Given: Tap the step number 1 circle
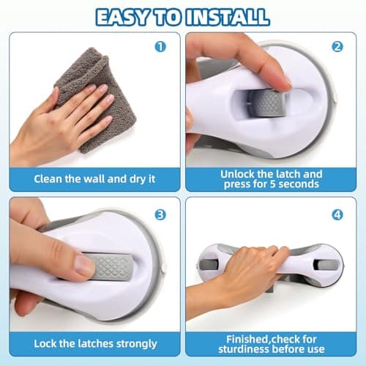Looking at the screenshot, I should click(x=161, y=47).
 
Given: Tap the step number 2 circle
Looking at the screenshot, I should click(x=337, y=46).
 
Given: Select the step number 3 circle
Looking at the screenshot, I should click(x=161, y=214).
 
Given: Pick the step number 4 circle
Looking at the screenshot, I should click(x=337, y=214).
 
